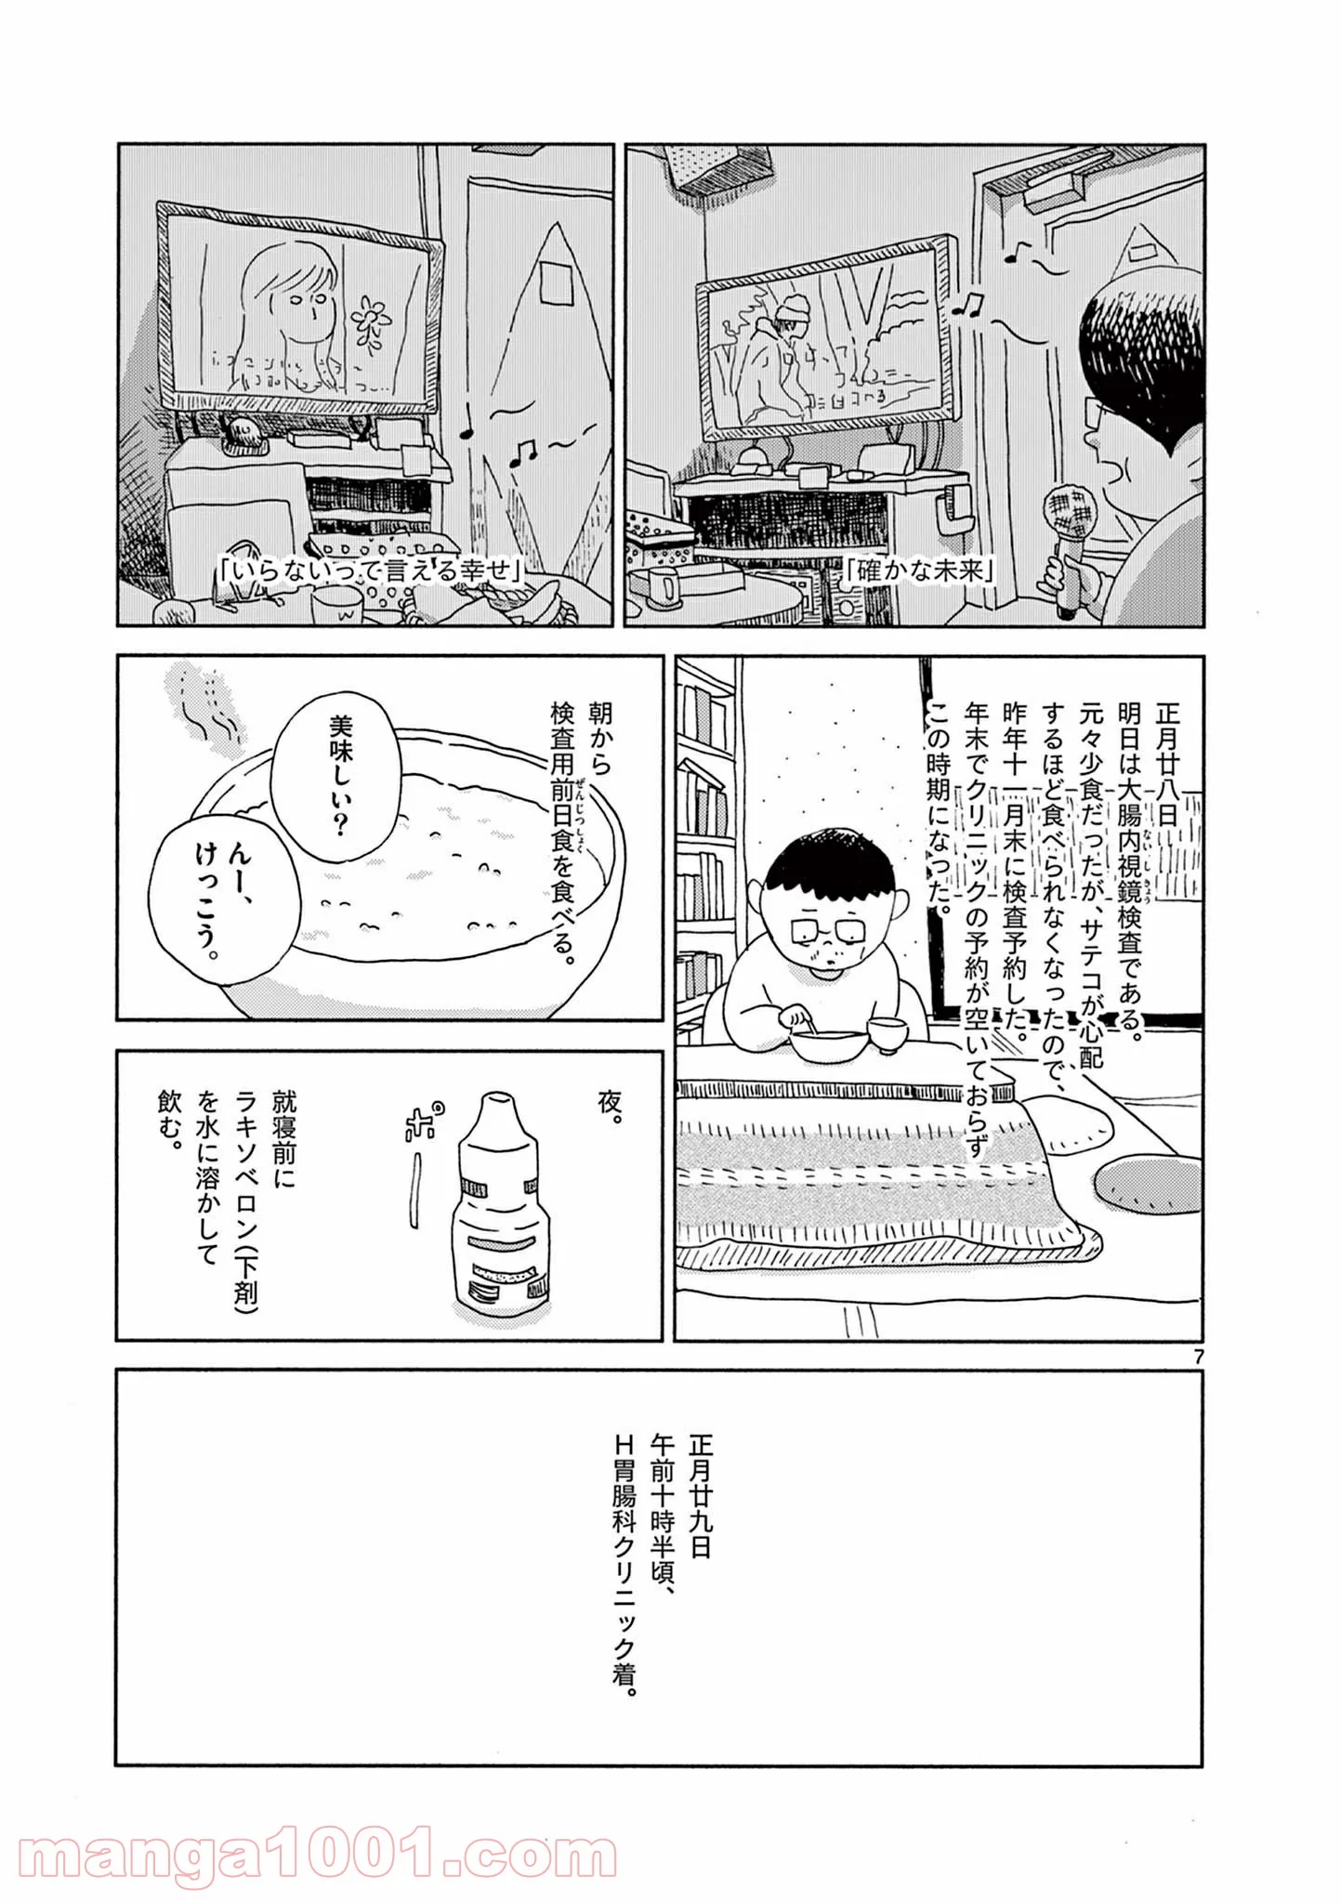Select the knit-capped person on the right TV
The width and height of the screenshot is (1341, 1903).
pyautogui.click(x=771, y=358)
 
